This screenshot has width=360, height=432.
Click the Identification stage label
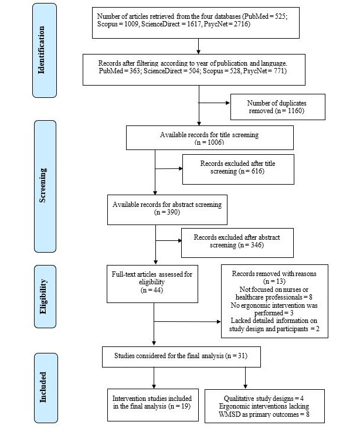pyautogui.click(x=45, y=50)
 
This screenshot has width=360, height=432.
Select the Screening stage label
pyautogui.click(x=45, y=186)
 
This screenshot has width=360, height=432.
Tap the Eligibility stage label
pyautogui.click(x=45, y=297)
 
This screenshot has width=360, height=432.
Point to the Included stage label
pyautogui.click(x=46, y=387)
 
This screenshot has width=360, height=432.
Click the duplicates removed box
pyautogui.click(x=277, y=107)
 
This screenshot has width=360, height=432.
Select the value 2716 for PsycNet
pyautogui.click(x=241, y=24)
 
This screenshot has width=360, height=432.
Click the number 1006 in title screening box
pyautogui.click(x=216, y=142)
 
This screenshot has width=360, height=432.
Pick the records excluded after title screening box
pyautogui.click(x=238, y=169)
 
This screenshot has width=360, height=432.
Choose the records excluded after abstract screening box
pyautogui.click(x=237, y=243)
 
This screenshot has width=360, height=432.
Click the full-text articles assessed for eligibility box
pyautogui.click(x=152, y=284)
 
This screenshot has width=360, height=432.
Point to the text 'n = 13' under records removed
pyautogui.click(x=274, y=281)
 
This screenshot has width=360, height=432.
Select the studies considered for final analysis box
pyautogui.click(x=181, y=357)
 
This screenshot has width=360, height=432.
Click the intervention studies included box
pyautogui.click(x=152, y=404)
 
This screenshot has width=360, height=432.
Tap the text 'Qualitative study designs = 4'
pyautogui.click(x=264, y=399)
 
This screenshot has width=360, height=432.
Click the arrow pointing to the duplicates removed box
pyautogui.click(x=214, y=103)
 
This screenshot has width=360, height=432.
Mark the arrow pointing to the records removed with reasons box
pyautogui.click(x=188, y=321)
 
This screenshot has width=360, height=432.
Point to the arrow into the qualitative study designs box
pyautogui.click(x=245, y=377)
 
